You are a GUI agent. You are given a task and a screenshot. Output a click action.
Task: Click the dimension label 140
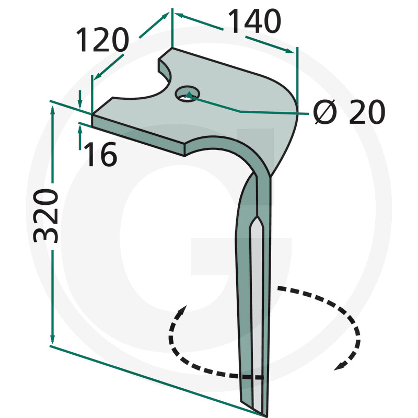254,21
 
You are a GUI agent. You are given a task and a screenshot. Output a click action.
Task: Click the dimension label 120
102,40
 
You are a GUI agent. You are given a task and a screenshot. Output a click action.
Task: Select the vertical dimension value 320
45,216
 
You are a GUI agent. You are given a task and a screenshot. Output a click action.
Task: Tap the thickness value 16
100,154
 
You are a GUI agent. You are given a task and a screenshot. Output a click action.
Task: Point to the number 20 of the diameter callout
367,112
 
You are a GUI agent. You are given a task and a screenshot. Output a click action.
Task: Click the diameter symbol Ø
325,112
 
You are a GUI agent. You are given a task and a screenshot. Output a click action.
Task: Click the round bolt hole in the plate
188,94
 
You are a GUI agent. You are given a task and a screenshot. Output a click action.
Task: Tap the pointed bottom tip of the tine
265,415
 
